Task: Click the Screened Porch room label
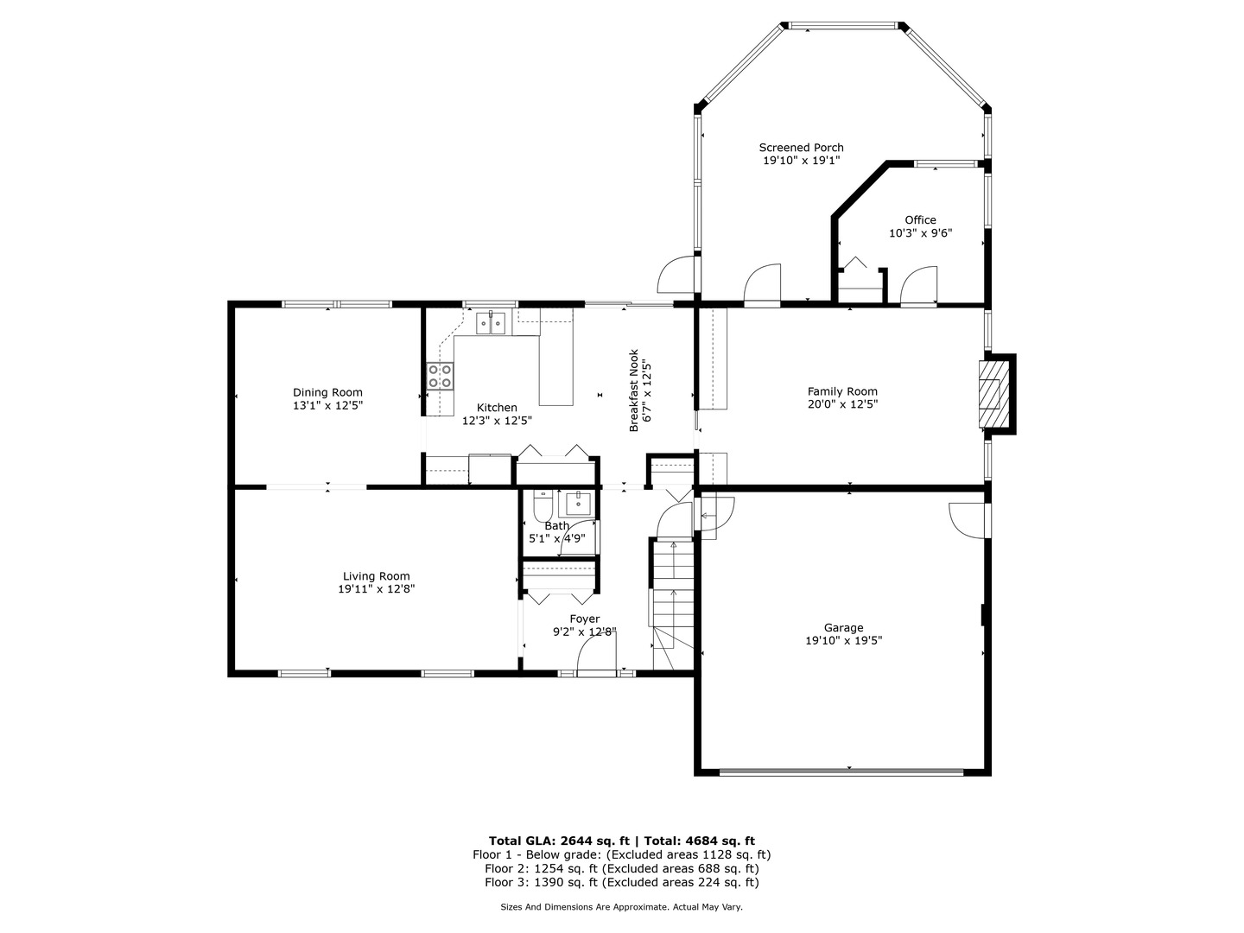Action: pos(801,148)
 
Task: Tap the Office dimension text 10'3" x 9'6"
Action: pos(920,233)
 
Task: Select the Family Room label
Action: pos(842,391)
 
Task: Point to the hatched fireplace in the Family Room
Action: pos(993,393)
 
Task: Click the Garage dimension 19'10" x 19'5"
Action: pos(843,641)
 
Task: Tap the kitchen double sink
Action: pos(491,323)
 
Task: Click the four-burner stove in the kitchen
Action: pos(441,377)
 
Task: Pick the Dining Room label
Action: pos(327,392)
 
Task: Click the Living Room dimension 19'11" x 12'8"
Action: pos(377,588)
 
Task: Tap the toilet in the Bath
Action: pos(543,506)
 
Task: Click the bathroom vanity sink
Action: pos(578,504)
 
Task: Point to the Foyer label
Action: pos(584,619)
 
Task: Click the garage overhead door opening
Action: pos(841,771)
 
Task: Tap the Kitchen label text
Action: pos(497,408)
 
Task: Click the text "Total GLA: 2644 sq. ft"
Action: pos(560,841)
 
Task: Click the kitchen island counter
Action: pos(556,356)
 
